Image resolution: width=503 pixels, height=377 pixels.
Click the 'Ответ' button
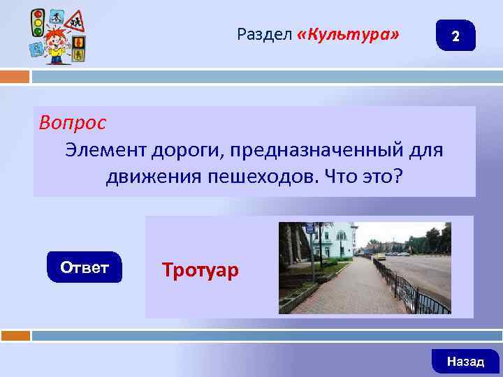tap(85, 267)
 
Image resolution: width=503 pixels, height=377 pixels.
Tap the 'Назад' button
tap(465, 361)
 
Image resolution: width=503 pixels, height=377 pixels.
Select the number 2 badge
tap(455, 36)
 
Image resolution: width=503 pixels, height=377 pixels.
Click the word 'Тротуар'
tap(200, 269)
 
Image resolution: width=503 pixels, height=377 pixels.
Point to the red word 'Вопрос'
tap(73, 123)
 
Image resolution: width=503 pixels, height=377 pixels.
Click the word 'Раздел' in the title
tap(264, 34)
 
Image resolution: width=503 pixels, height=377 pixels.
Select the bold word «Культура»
tap(349, 34)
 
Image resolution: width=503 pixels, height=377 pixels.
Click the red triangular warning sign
tap(75, 21)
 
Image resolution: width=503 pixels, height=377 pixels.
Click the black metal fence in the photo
tap(419, 293)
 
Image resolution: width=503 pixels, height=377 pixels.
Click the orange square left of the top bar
tap(15, 76)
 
